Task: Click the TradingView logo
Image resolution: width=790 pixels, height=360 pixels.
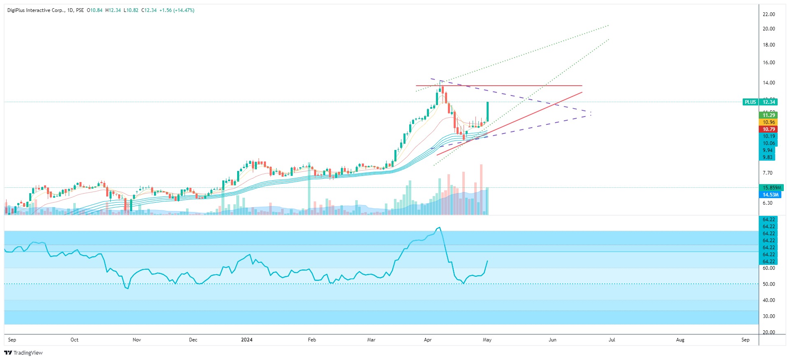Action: (x=23, y=353)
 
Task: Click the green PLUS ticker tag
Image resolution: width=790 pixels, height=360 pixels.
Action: (x=750, y=102)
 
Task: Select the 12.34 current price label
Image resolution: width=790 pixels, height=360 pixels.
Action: (x=769, y=102)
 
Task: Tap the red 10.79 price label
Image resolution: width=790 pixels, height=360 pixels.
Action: (x=768, y=129)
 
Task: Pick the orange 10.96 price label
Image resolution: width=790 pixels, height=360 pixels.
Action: (x=768, y=122)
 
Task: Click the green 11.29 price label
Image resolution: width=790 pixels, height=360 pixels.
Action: (x=768, y=115)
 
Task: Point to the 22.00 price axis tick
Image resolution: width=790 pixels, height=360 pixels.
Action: (x=769, y=14)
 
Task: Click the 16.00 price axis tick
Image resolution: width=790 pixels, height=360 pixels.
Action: (x=769, y=63)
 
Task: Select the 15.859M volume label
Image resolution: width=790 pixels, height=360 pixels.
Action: (x=771, y=188)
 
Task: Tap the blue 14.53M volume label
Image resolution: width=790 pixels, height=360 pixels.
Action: (x=770, y=195)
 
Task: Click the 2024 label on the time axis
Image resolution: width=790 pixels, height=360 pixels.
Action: (x=247, y=340)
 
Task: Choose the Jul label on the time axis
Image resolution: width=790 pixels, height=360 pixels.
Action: (x=612, y=340)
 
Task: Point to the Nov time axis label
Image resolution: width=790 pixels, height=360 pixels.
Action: (x=137, y=340)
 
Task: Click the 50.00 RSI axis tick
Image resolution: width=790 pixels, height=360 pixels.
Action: (x=769, y=284)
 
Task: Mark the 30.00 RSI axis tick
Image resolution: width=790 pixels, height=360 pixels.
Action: (x=769, y=316)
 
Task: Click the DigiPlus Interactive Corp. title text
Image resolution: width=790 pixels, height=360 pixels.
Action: (x=36, y=10)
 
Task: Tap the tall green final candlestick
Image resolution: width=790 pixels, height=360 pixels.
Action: (x=488, y=112)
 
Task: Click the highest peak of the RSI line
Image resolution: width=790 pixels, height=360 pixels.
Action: (x=440, y=227)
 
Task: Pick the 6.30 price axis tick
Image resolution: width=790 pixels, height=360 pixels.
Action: (x=767, y=203)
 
